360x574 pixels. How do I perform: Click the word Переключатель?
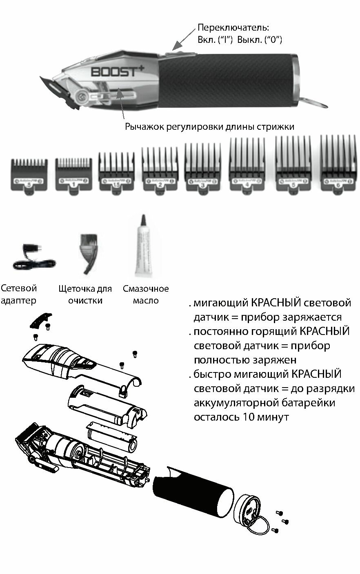[233, 28]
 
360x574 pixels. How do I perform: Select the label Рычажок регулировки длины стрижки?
[209, 127]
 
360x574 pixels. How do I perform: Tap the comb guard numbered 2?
[159, 171]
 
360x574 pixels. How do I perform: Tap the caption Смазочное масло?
[146, 295]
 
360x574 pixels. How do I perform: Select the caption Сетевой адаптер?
[19, 294]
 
